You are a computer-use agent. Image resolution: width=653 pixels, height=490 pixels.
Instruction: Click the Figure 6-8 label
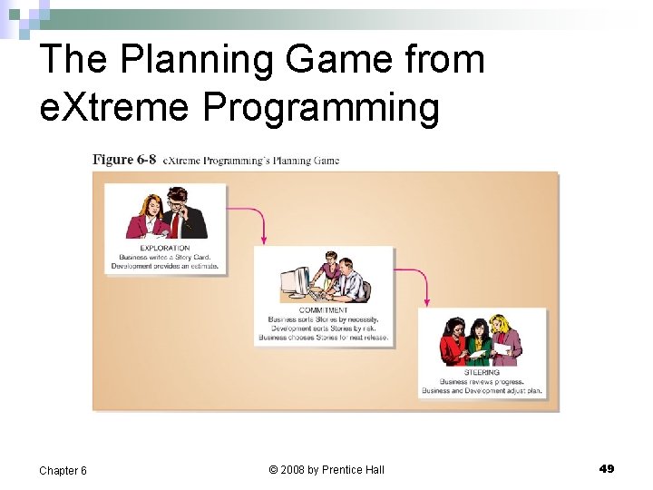(124, 160)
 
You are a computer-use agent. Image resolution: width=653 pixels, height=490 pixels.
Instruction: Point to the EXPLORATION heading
(164, 248)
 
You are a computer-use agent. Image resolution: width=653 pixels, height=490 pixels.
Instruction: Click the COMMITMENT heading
(323, 309)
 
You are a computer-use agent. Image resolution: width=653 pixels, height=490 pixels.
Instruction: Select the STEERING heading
(482, 372)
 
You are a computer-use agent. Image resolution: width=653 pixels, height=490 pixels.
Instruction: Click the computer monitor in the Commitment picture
(295, 282)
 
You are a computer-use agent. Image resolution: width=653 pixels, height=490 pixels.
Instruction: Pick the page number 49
(607, 468)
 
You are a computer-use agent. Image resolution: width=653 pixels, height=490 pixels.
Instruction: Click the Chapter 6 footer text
(63, 470)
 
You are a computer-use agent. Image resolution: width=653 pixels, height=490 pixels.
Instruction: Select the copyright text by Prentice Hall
(326, 469)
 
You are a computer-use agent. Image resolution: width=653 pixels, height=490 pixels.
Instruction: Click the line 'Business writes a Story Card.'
(164, 257)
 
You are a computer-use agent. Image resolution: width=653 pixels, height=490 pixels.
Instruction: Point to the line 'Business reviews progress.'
(482, 381)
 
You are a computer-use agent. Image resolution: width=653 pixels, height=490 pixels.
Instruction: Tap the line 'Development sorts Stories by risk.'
(323, 328)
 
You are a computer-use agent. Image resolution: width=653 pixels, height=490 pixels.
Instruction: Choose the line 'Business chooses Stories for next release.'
(323, 337)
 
